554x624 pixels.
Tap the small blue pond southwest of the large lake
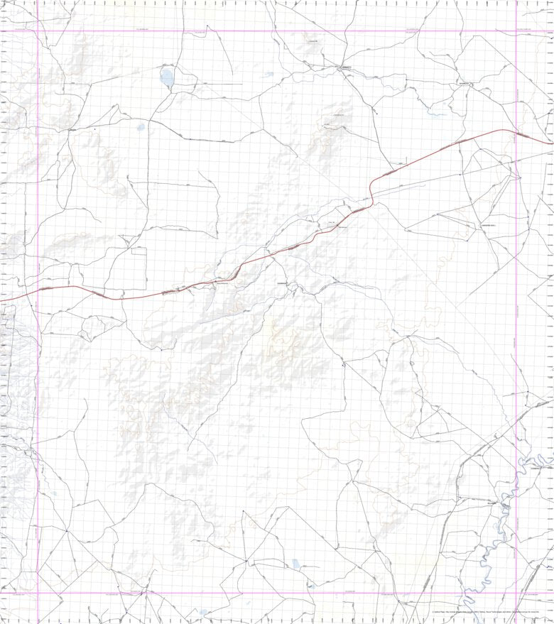(x=141, y=128)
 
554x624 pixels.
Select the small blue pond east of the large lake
(x=268, y=75)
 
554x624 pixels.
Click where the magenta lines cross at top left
(x=38, y=31)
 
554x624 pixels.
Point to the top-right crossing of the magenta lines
(x=516, y=31)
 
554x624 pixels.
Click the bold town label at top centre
(x=345, y=67)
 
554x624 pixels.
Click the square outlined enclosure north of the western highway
(x=138, y=259)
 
